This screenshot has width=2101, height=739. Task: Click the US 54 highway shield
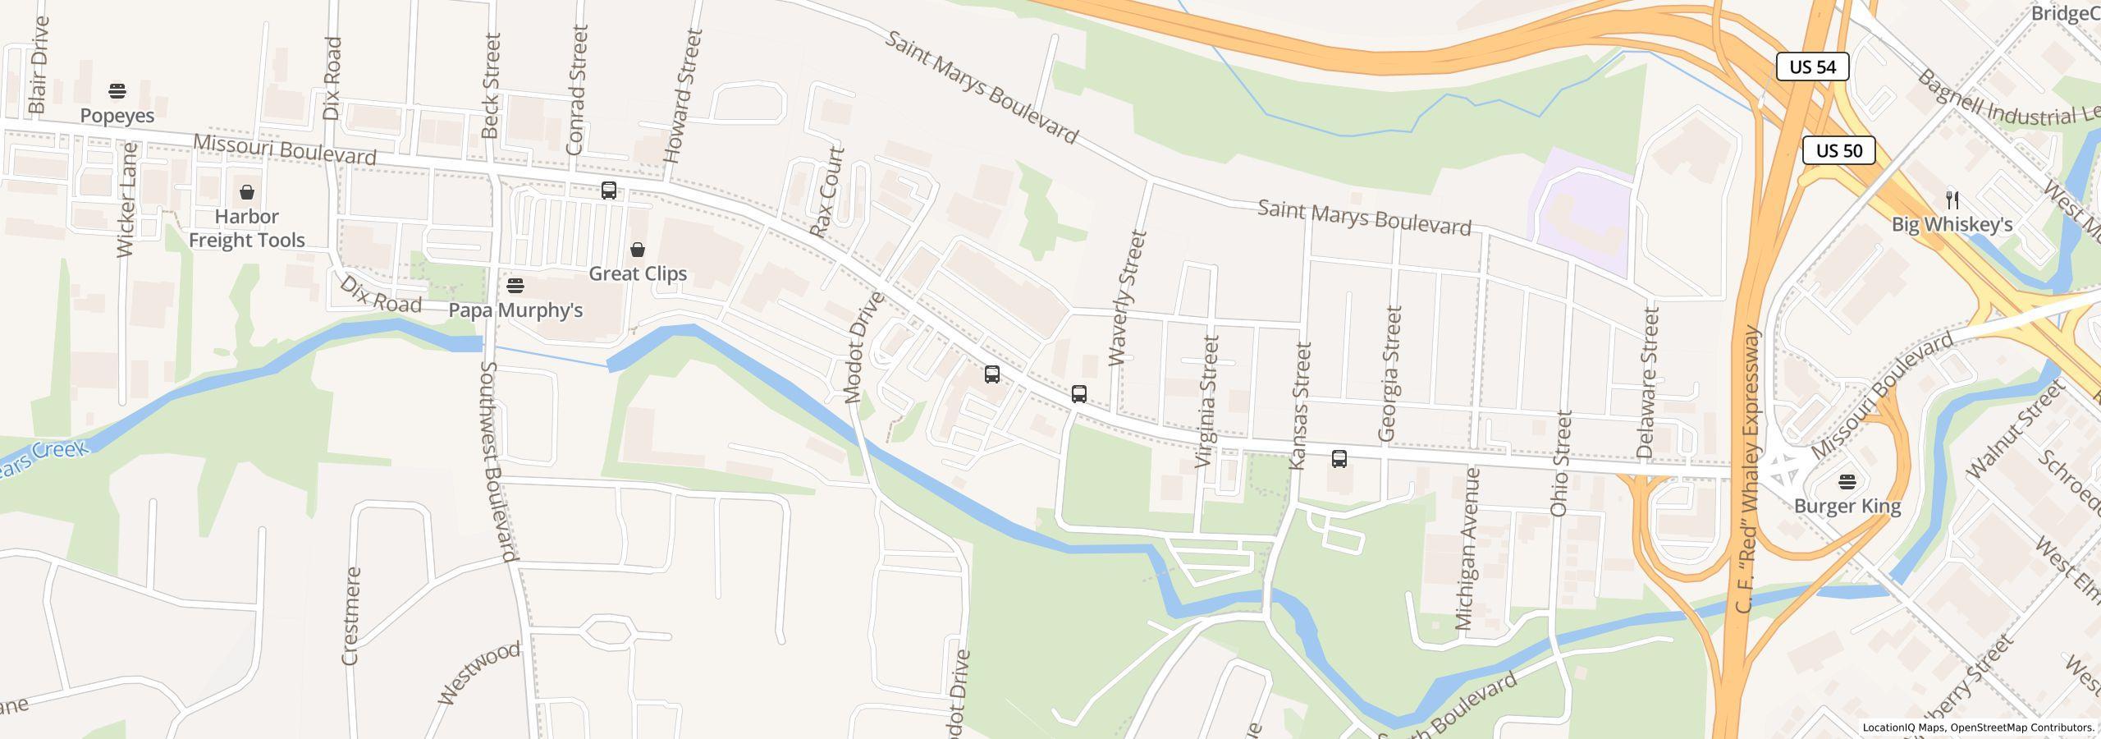coord(1812,67)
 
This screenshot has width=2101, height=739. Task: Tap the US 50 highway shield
coord(1838,150)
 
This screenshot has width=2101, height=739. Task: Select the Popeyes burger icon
coord(117,90)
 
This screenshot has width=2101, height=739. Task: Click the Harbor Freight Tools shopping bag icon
coord(247,193)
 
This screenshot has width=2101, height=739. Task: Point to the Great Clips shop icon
coord(638,250)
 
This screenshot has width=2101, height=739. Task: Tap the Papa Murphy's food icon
coord(515,286)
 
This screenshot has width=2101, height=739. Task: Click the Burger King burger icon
coord(1847,481)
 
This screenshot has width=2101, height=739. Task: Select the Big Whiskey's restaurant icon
coord(1952,200)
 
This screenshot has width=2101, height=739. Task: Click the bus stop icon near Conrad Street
coord(609,190)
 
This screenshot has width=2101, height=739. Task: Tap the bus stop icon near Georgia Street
coord(1339,459)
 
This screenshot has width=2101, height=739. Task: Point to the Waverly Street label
coord(1126,297)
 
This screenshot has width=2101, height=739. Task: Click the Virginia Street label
coord(1208,401)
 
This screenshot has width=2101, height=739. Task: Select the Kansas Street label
coord(1300,406)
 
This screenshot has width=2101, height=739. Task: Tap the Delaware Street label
coord(1648,382)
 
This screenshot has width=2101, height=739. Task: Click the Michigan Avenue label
coord(1467,549)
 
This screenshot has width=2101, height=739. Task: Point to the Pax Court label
coord(827,192)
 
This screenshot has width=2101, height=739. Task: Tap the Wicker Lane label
coord(127,200)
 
